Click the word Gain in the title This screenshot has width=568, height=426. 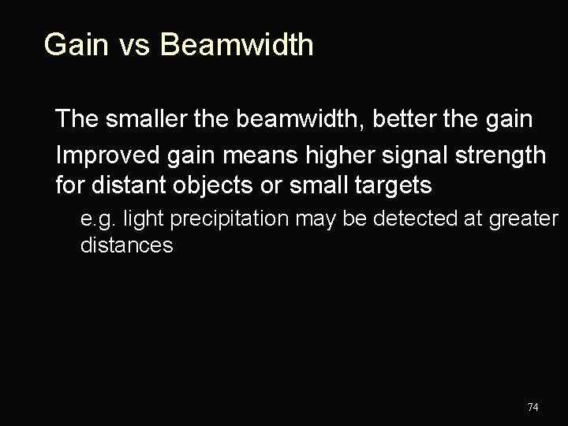click(76, 45)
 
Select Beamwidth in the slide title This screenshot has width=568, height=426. click(237, 45)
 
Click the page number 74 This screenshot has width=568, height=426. click(532, 407)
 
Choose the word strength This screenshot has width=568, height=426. click(494, 155)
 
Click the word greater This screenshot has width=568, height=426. click(523, 218)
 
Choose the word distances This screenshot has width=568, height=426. click(126, 245)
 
